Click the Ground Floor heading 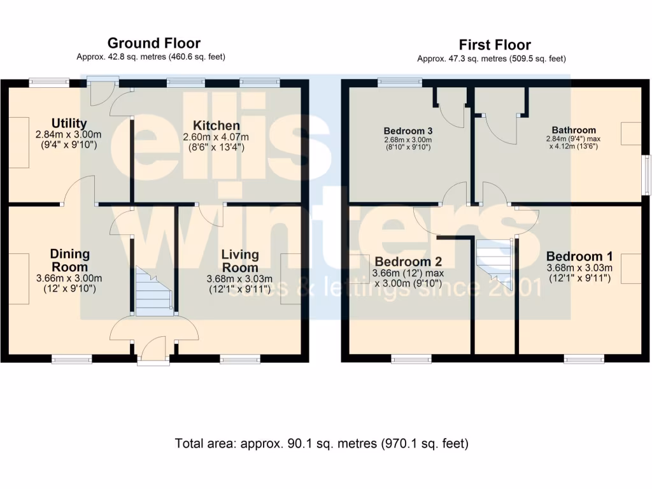tap(154, 43)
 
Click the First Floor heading tap(495, 45)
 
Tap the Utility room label tap(69, 123)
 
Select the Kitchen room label tap(216, 125)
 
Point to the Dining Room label tap(69, 260)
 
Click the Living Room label tap(240, 260)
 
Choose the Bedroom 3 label tap(408, 131)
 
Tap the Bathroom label tap(574, 130)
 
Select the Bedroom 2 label tap(408, 262)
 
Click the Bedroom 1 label tap(579, 256)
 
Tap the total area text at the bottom tap(322, 444)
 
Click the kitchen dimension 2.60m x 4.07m tap(216, 137)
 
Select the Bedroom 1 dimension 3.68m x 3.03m tap(579, 268)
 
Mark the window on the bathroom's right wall tap(647, 174)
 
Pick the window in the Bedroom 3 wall tap(400, 83)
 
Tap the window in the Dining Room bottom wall tap(71, 359)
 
